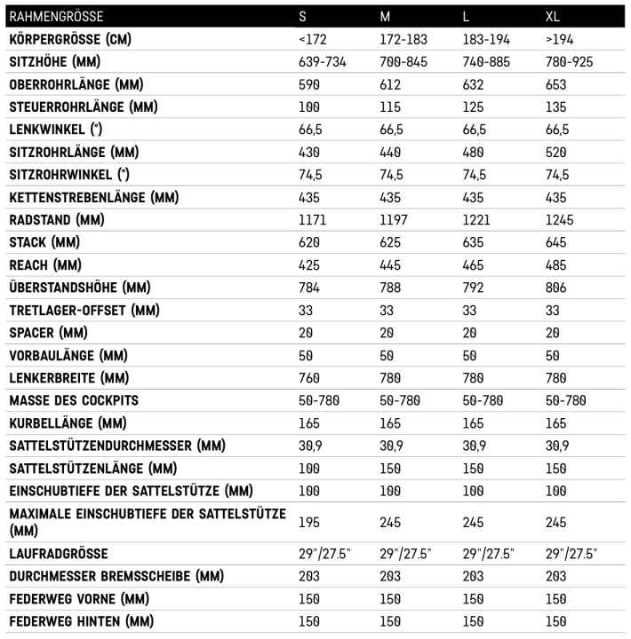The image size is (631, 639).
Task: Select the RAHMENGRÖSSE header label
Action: pyautogui.click(x=56, y=16)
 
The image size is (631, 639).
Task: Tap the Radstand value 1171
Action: pyautogui.click(x=315, y=219)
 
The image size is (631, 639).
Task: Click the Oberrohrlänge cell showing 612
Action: pyautogui.click(x=391, y=84)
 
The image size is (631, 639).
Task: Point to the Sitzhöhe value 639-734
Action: pyautogui.click(x=327, y=62)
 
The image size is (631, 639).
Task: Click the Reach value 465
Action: pyautogui.click(x=475, y=265)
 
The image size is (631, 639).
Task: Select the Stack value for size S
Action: pyautogui.click(x=310, y=242)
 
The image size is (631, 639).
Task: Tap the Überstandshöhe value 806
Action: pyautogui.click(x=556, y=288)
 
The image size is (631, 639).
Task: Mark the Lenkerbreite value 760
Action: pyautogui.click(x=310, y=378)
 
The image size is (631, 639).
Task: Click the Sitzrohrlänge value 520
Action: pyautogui.click(x=556, y=152)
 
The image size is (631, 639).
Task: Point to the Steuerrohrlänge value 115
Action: pyautogui.click(x=391, y=107)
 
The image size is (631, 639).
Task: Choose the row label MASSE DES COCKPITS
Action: pyautogui.click(x=75, y=400)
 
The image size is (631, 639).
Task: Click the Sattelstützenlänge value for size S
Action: pyautogui.click(x=310, y=468)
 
